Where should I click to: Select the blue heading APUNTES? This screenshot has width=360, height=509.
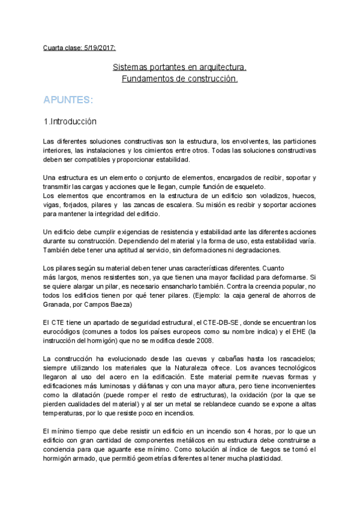68,99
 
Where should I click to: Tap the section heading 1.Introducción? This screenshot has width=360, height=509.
70,121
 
